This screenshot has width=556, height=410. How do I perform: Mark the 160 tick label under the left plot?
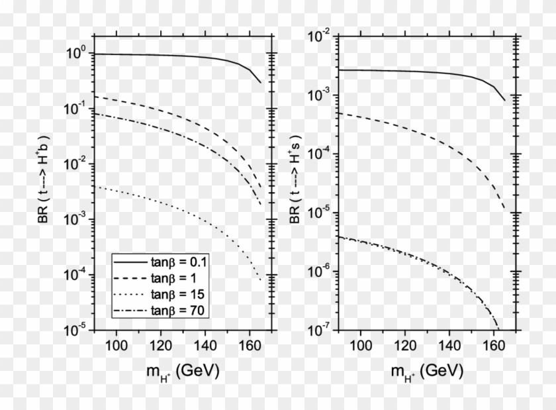click(x=249, y=345)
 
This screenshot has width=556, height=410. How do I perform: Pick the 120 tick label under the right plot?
click(x=406, y=345)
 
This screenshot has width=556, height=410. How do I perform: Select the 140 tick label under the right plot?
click(x=450, y=345)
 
